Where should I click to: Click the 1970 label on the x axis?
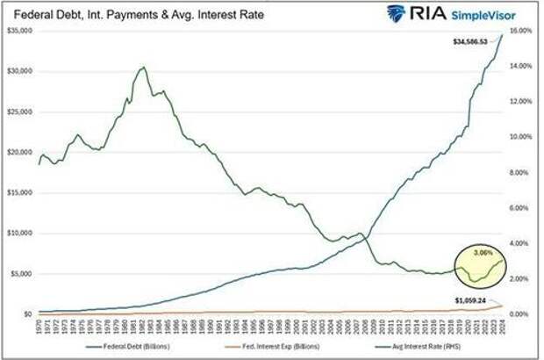tap(39, 327)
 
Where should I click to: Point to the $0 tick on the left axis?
tap(27, 313)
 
